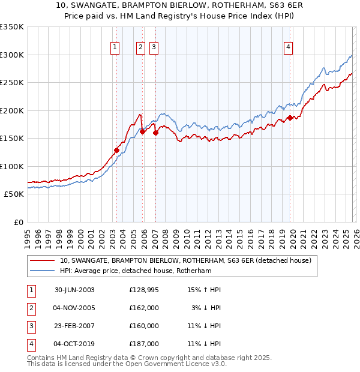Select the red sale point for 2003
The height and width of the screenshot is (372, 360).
click(x=116, y=150)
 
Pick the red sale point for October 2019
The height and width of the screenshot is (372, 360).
click(x=290, y=118)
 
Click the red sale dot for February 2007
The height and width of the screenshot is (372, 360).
click(x=155, y=133)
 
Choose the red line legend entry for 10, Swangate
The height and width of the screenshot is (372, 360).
click(x=185, y=261)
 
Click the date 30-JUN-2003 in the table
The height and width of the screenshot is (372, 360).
click(x=74, y=290)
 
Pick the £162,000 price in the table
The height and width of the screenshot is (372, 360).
click(x=144, y=308)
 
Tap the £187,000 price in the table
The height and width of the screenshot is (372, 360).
click(x=144, y=344)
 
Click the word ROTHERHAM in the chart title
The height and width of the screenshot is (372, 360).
click(x=218, y=7)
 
